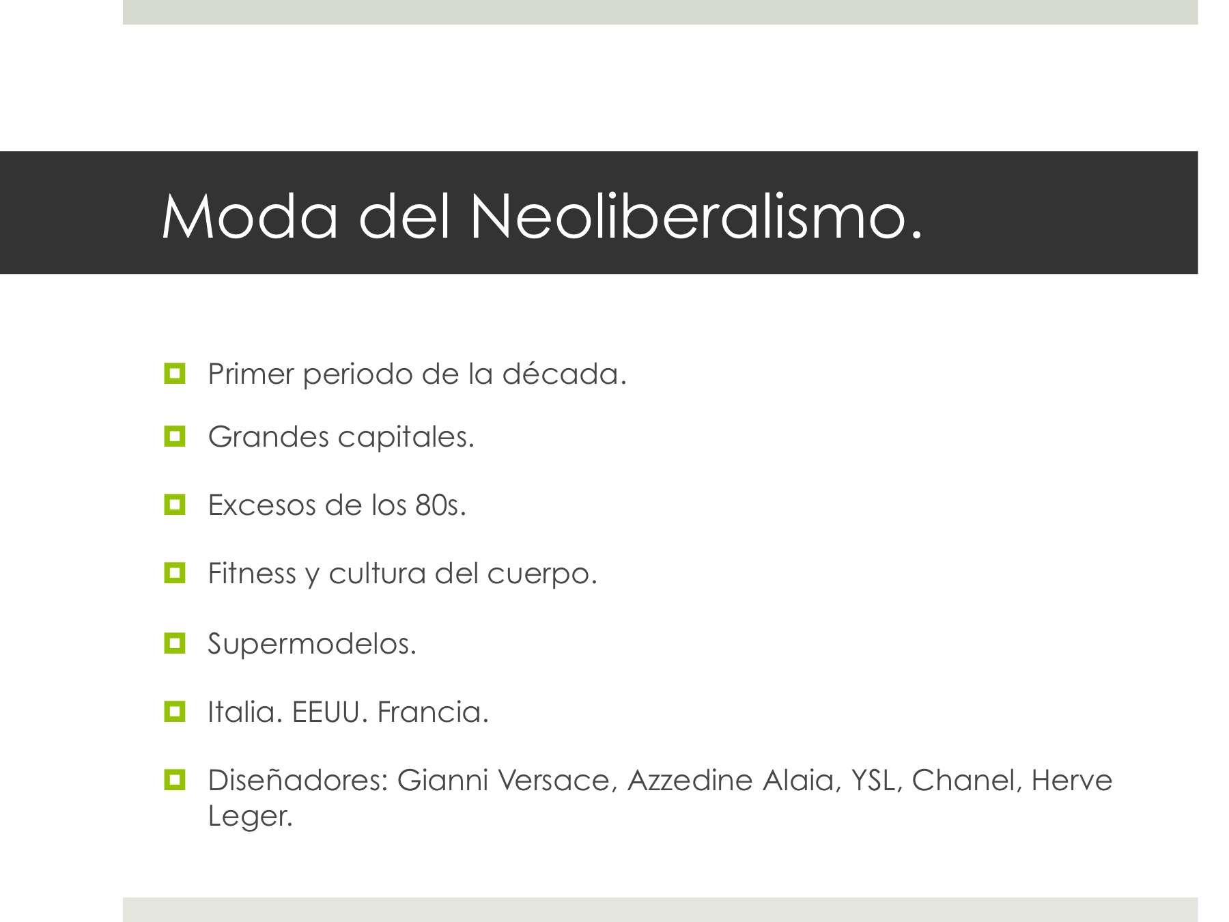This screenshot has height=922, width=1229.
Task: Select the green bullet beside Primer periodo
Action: [x=175, y=374]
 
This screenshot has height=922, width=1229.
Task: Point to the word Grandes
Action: [x=268, y=437]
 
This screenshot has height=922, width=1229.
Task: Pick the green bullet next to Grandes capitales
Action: [x=175, y=436]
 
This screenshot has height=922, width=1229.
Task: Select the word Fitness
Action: [x=252, y=573]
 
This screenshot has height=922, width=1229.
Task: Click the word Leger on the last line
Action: [x=251, y=817]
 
